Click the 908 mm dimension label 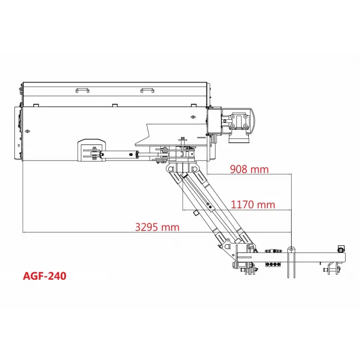249,169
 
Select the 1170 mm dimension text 253,204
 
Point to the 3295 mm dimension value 157,227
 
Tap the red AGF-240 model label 45,276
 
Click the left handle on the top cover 83,90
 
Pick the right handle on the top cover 147,90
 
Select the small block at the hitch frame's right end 339,249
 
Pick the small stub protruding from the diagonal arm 196,213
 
